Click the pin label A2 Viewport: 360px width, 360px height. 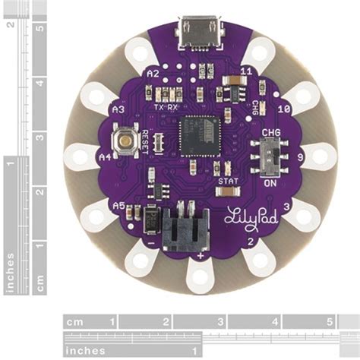(153, 74)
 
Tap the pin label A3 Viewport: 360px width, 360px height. (118, 110)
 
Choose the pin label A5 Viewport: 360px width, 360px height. (118, 206)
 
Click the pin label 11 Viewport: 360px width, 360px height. (245, 71)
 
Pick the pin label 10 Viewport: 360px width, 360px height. (285, 109)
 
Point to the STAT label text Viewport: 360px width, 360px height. (228, 182)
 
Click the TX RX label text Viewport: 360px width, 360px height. (166, 108)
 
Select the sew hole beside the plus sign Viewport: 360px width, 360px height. (201, 276)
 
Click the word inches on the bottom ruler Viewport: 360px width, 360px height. (84, 351)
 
